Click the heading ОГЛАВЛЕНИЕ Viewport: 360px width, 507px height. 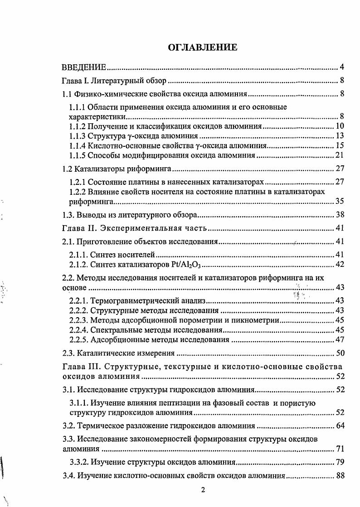pos(203,48)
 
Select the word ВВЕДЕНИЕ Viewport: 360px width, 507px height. pos(84,68)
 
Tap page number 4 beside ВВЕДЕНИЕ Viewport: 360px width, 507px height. pos(342,68)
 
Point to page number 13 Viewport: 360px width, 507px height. pos(340,135)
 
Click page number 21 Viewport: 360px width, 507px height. pos(340,155)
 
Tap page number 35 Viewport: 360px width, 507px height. pos(340,201)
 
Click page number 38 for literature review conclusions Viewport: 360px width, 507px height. pos(340,215)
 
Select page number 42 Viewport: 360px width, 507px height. pos(340,265)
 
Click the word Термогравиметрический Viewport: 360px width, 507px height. pos(129,300)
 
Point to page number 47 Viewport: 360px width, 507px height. pos(340,340)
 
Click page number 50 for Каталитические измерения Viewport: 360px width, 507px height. pos(340,353)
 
